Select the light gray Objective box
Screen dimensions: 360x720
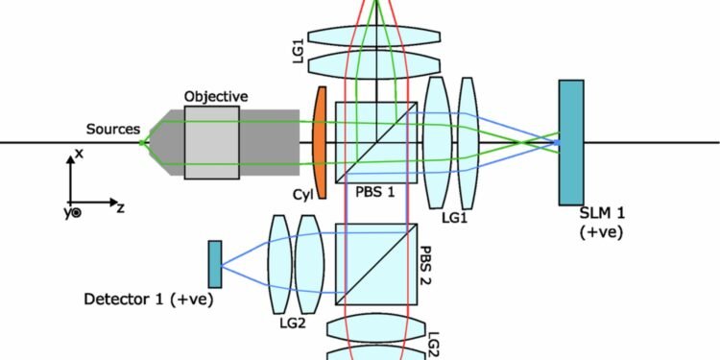pos(212,141)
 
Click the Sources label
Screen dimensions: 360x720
pos(113,128)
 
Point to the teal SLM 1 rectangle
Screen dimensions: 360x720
pos(571,142)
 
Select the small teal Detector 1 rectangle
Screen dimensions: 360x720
pos(215,263)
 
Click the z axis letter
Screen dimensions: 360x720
pos(121,207)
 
